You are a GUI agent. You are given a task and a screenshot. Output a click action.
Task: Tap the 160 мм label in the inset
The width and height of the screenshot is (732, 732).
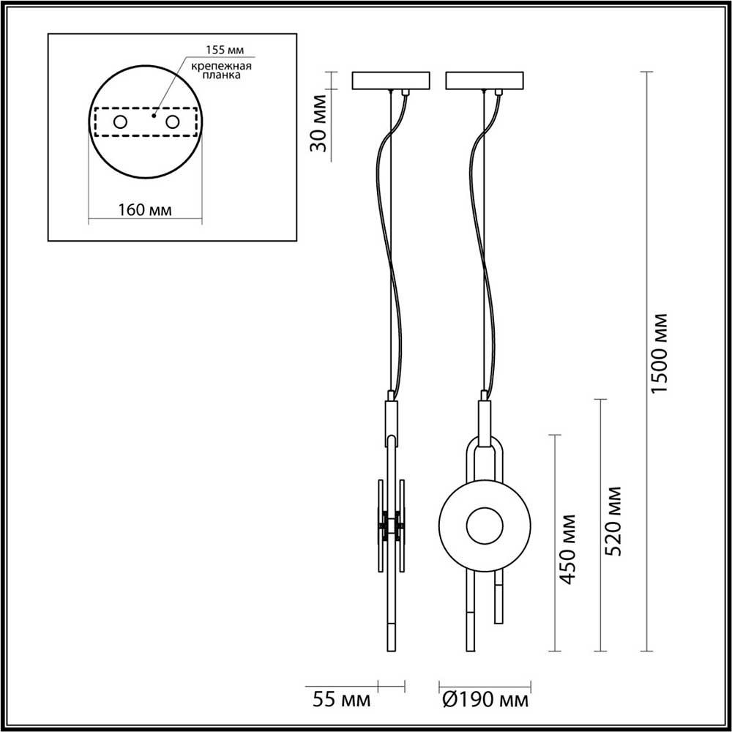(145, 210)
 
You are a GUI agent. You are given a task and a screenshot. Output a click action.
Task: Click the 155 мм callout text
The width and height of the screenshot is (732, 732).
(223, 50)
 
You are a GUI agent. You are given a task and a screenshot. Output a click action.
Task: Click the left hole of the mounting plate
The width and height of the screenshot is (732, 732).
(119, 122)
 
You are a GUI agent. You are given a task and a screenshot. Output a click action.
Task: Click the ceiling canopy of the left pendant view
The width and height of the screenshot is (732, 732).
(392, 80)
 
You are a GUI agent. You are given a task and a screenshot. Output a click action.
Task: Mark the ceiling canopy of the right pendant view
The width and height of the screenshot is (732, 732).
(484, 80)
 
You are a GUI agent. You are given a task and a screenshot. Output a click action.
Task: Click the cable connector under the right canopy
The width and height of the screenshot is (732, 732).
(498, 93)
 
